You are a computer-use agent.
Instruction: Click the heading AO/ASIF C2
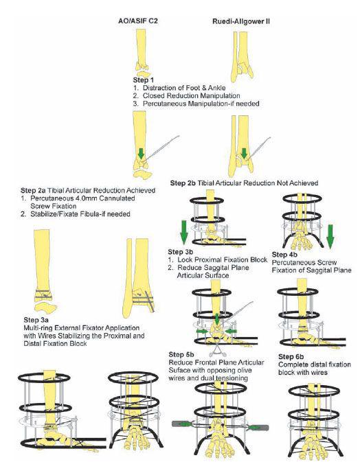tap(137, 21)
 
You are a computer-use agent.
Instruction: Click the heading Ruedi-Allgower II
tap(241, 21)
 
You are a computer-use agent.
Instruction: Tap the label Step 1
tap(144, 80)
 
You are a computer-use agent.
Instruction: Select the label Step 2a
tap(33, 190)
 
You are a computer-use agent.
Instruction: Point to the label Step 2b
tap(183, 183)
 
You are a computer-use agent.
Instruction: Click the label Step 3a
tap(36, 320)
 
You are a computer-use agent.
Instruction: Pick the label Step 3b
tap(181, 252)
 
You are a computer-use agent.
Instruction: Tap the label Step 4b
tap(284, 255)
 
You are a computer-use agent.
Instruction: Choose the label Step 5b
tap(181, 354)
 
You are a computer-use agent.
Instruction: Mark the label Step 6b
tap(291, 357)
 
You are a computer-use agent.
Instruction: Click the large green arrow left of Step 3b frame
tap(183, 233)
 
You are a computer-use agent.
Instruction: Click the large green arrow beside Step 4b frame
tap(330, 236)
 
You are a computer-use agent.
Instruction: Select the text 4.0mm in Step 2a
tap(87, 198)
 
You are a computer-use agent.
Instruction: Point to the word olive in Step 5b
tap(243, 371)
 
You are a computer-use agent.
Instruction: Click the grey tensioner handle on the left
tap(181, 424)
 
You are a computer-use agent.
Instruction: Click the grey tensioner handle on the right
tap(258, 427)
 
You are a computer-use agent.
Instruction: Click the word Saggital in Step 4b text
tap(313, 270)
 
